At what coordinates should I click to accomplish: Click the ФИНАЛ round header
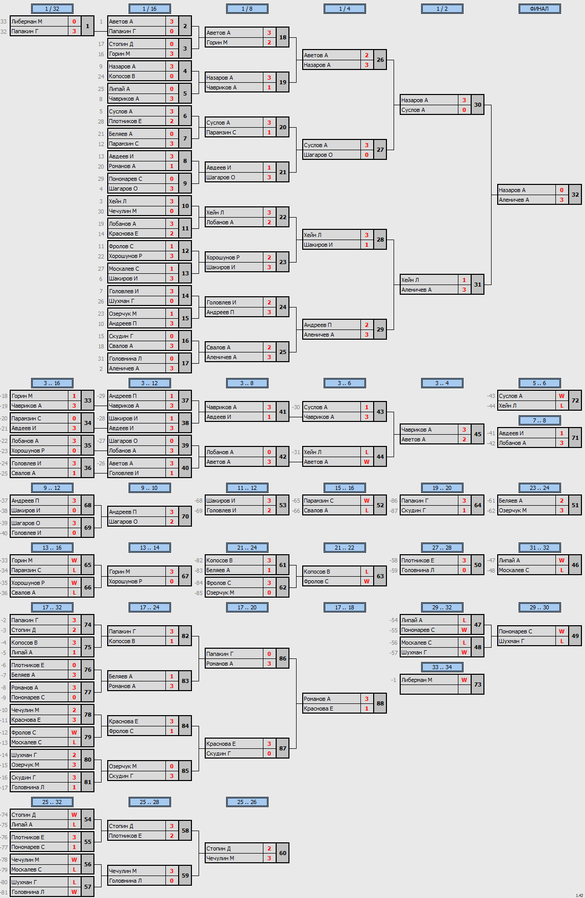point(539,9)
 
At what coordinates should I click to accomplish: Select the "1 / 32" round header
point(52,9)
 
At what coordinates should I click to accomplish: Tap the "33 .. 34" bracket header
point(442,667)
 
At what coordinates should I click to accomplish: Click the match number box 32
point(575,195)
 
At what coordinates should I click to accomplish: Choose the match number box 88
point(380,703)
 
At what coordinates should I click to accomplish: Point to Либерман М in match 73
point(417,680)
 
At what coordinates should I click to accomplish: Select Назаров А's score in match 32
point(562,190)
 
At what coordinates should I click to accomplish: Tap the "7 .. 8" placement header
point(539,420)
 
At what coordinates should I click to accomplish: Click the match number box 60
point(283,853)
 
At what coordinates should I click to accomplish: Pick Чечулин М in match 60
point(220,858)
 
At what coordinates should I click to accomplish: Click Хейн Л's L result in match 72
point(562,406)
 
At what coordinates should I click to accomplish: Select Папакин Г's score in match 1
point(74,31)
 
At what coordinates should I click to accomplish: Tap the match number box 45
point(478,434)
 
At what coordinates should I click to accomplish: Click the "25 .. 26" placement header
point(247,802)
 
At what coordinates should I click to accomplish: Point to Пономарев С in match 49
point(515,631)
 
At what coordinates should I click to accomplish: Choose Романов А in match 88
point(317,699)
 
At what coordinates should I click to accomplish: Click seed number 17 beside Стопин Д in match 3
point(101,44)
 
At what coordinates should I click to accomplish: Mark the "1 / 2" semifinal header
point(442,9)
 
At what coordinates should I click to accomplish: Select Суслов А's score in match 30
point(464,110)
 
